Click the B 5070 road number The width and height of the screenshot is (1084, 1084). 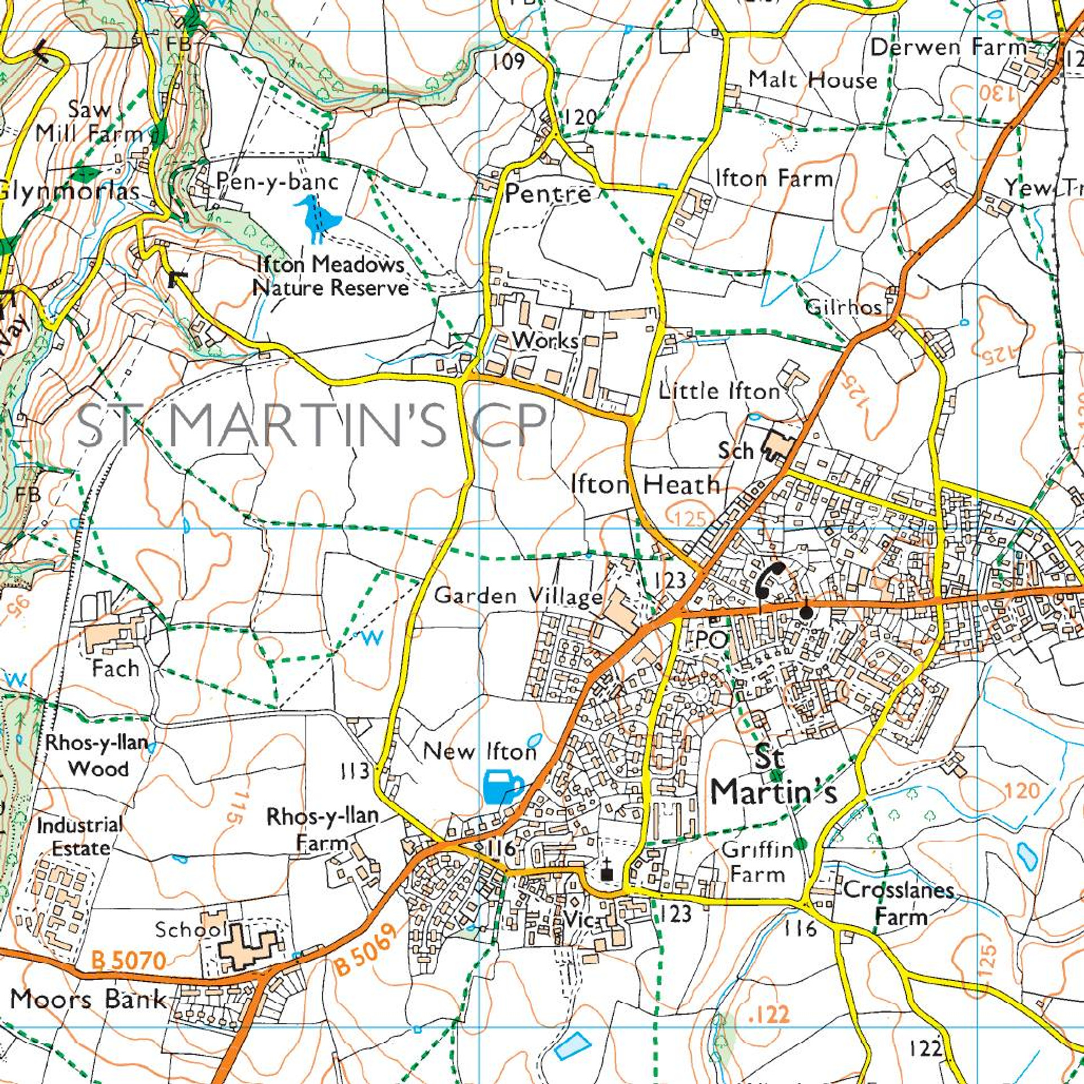click(x=128, y=960)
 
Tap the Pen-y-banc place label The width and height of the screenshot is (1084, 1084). click(x=278, y=181)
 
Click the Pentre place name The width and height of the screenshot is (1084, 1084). click(x=548, y=194)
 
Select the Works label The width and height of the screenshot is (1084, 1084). click(x=545, y=340)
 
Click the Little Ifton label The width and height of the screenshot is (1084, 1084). click(x=719, y=391)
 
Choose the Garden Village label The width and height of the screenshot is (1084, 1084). click(x=518, y=596)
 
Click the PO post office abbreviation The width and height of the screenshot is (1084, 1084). click(x=710, y=640)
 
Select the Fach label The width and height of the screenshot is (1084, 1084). click(x=115, y=668)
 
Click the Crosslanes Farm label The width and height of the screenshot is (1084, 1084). click(x=899, y=903)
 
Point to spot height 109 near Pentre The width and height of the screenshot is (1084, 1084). click(x=509, y=61)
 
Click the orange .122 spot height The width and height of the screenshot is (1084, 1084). click(x=768, y=1014)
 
